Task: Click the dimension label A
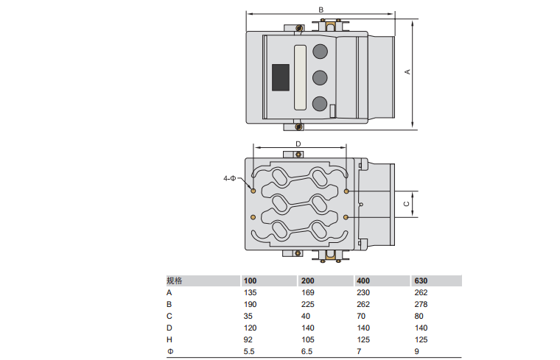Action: pyautogui.click(x=407, y=71)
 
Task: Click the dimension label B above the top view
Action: pyautogui.click(x=321, y=9)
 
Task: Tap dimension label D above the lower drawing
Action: pyautogui.click(x=298, y=144)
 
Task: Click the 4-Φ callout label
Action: pyautogui.click(x=230, y=178)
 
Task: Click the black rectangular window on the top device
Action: pyautogui.click(x=281, y=77)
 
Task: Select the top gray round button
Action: pyautogui.click(x=320, y=52)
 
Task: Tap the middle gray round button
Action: pyautogui.click(x=320, y=77)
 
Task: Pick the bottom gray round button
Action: pyautogui.click(x=320, y=103)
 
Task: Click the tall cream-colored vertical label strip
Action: pyautogui.click(x=300, y=77)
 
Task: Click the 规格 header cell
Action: pyautogui.click(x=174, y=280)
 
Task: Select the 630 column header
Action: pyautogui.click(x=421, y=280)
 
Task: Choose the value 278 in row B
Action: pyautogui.click(x=421, y=304)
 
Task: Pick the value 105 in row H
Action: pyautogui.click(x=306, y=339)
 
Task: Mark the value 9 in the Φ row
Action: pyautogui.click(x=417, y=351)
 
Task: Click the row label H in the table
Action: pyautogui.click(x=169, y=339)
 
